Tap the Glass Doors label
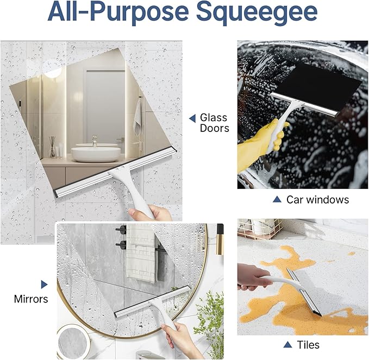coord(214,123)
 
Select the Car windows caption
coord(317,200)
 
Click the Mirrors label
coord(31,299)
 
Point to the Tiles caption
coord(308,345)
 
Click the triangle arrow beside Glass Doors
coord(192,118)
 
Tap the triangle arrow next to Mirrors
coord(44,284)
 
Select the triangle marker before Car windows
coord(277,200)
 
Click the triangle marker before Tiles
coord(287,345)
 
